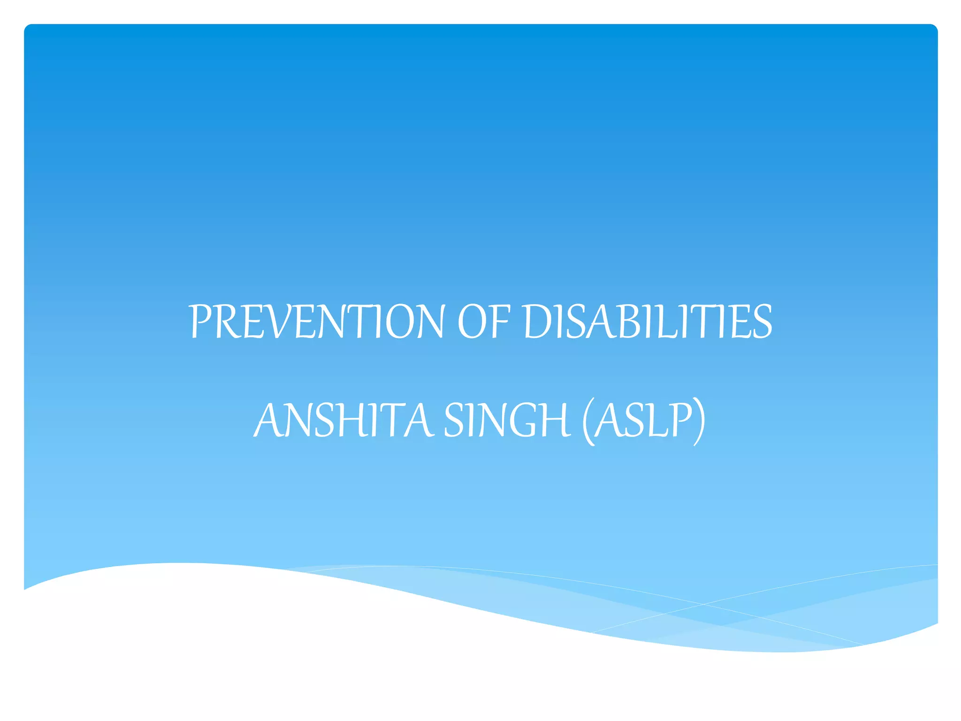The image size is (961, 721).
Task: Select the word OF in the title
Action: (x=483, y=322)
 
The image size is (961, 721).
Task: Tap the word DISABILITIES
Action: (x=648, y=322)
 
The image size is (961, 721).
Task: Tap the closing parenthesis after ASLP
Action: (x=699, y=421)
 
